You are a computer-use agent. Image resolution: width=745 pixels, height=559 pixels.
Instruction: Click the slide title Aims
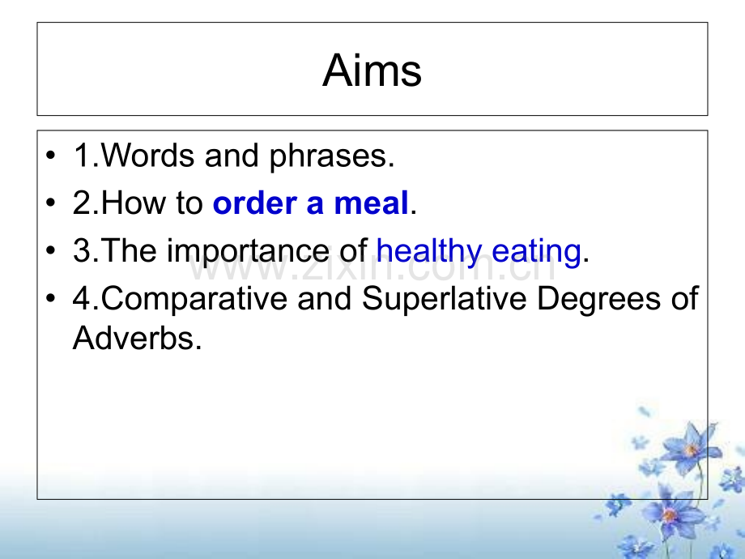(372, 70)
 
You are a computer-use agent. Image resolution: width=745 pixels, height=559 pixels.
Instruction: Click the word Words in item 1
(147, 155)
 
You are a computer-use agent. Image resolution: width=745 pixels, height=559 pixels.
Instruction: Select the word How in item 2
(134, 203)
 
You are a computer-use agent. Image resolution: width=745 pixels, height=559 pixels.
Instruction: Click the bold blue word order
(254, 203)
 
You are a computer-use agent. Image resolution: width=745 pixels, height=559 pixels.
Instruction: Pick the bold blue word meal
(371, 203)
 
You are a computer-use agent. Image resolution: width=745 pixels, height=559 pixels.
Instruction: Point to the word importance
(247, 252)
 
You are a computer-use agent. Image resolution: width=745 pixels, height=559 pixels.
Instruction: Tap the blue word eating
(536, 252)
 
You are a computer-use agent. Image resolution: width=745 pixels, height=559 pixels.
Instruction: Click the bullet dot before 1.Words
(51, 155)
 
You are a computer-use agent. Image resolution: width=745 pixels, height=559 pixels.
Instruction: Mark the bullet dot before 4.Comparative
(51, 298)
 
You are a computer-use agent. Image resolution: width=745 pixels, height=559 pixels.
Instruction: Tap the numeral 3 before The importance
(81, 250)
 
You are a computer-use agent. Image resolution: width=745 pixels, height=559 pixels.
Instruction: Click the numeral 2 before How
(81, 203)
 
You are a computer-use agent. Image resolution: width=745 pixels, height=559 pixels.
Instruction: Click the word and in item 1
(232, 155)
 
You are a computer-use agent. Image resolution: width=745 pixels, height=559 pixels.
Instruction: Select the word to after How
(189, 203)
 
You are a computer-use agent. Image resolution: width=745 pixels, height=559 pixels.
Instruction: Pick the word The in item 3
(129, 250)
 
